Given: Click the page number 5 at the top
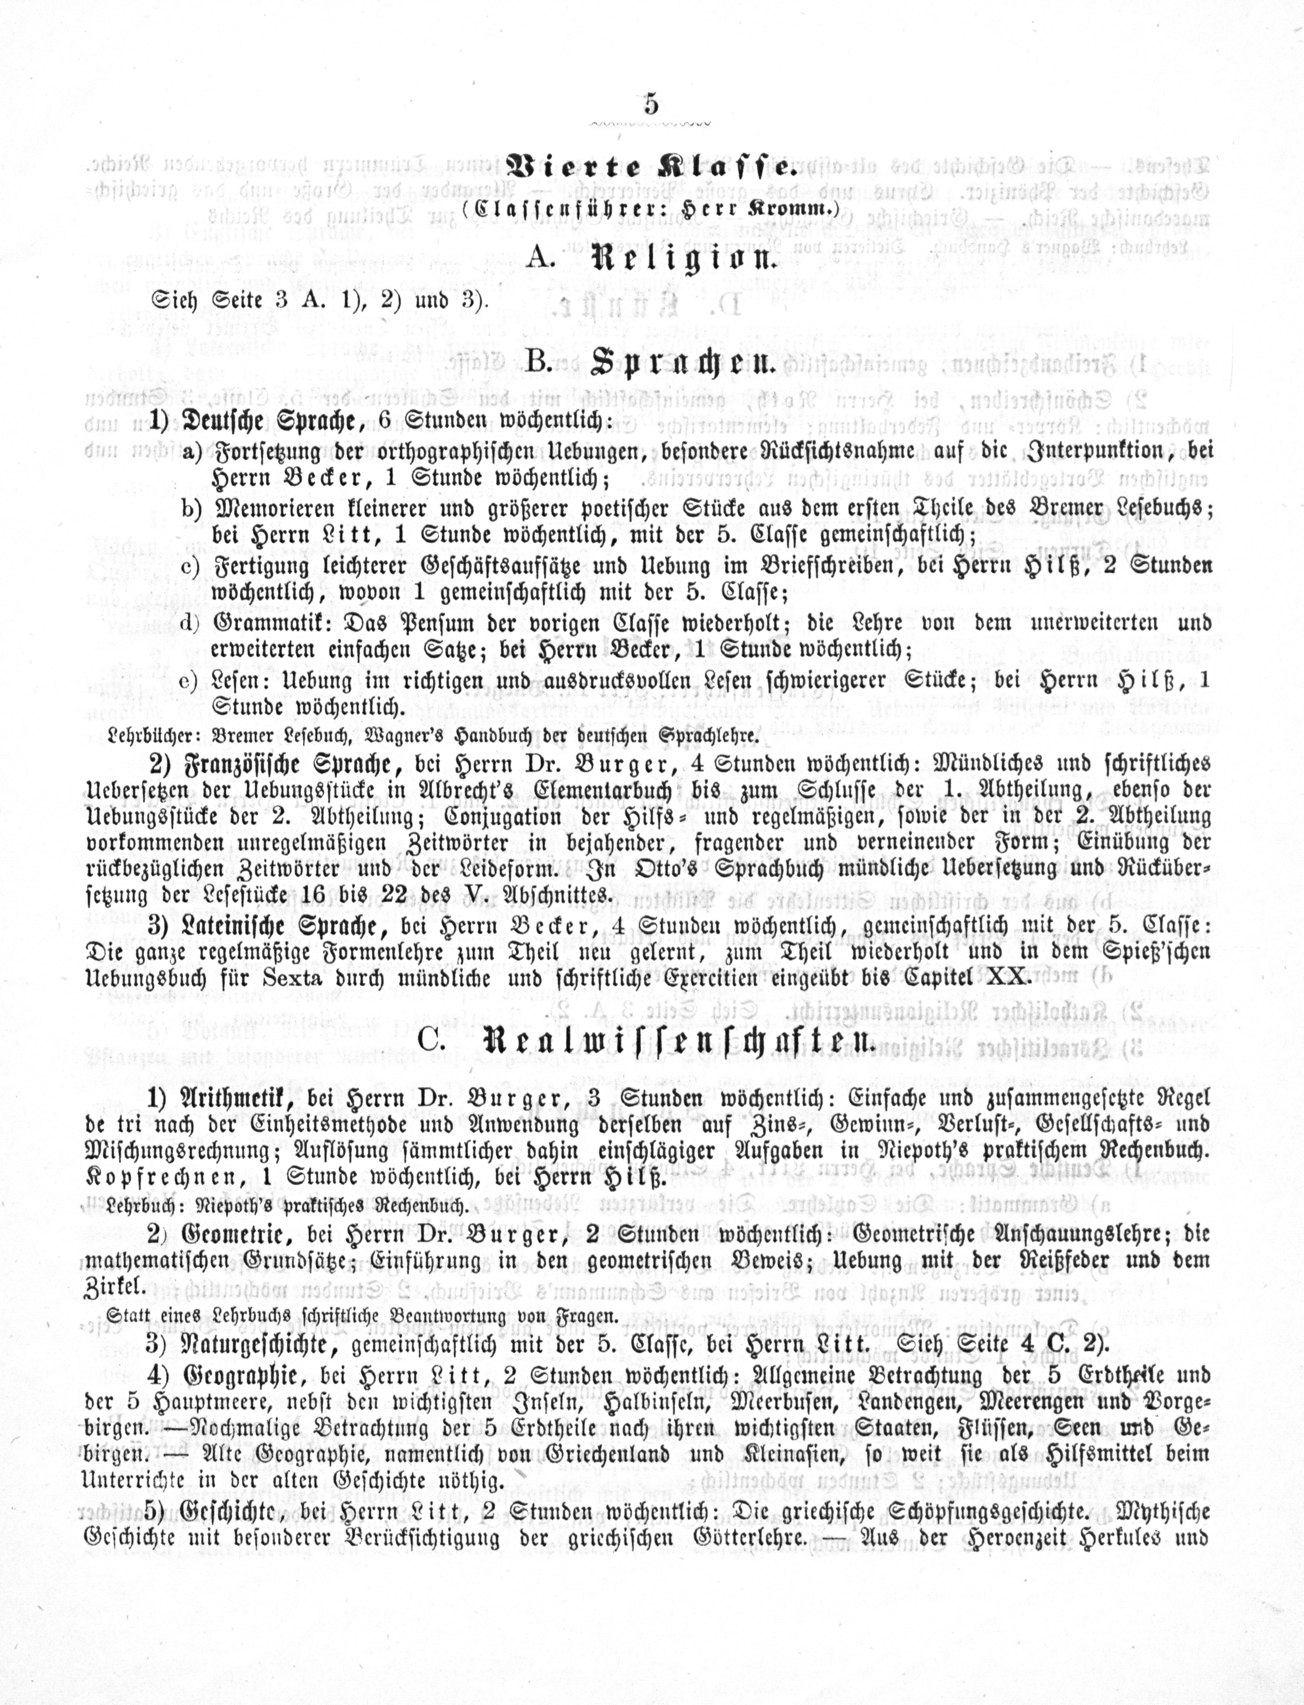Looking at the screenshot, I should (x=650, y=103).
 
